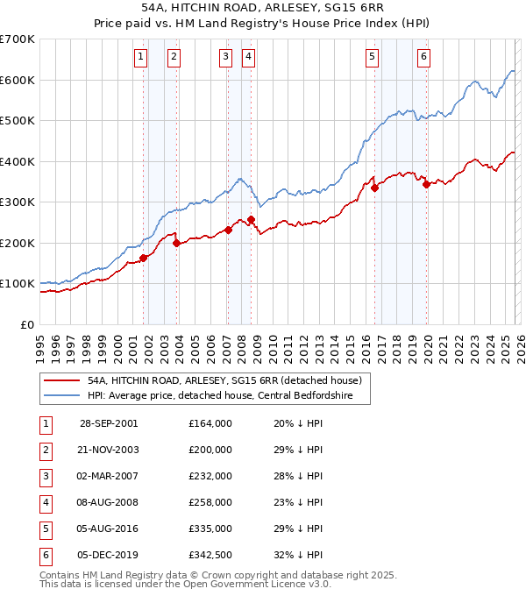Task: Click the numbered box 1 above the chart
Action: point(141,57)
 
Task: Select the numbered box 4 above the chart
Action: point(249,57)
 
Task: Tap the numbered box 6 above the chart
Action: point(423,57)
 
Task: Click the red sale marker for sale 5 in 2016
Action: point(374,188)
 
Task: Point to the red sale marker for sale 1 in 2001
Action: point(143,258)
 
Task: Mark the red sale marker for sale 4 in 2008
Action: point(251,219)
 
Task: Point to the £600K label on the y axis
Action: point(18,80)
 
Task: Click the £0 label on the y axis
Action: point(26,324)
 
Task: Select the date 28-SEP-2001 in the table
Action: point(109,423)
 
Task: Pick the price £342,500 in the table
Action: point(210,555)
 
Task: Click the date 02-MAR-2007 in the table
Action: point(109,476)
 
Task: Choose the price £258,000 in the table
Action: point(210,502)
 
